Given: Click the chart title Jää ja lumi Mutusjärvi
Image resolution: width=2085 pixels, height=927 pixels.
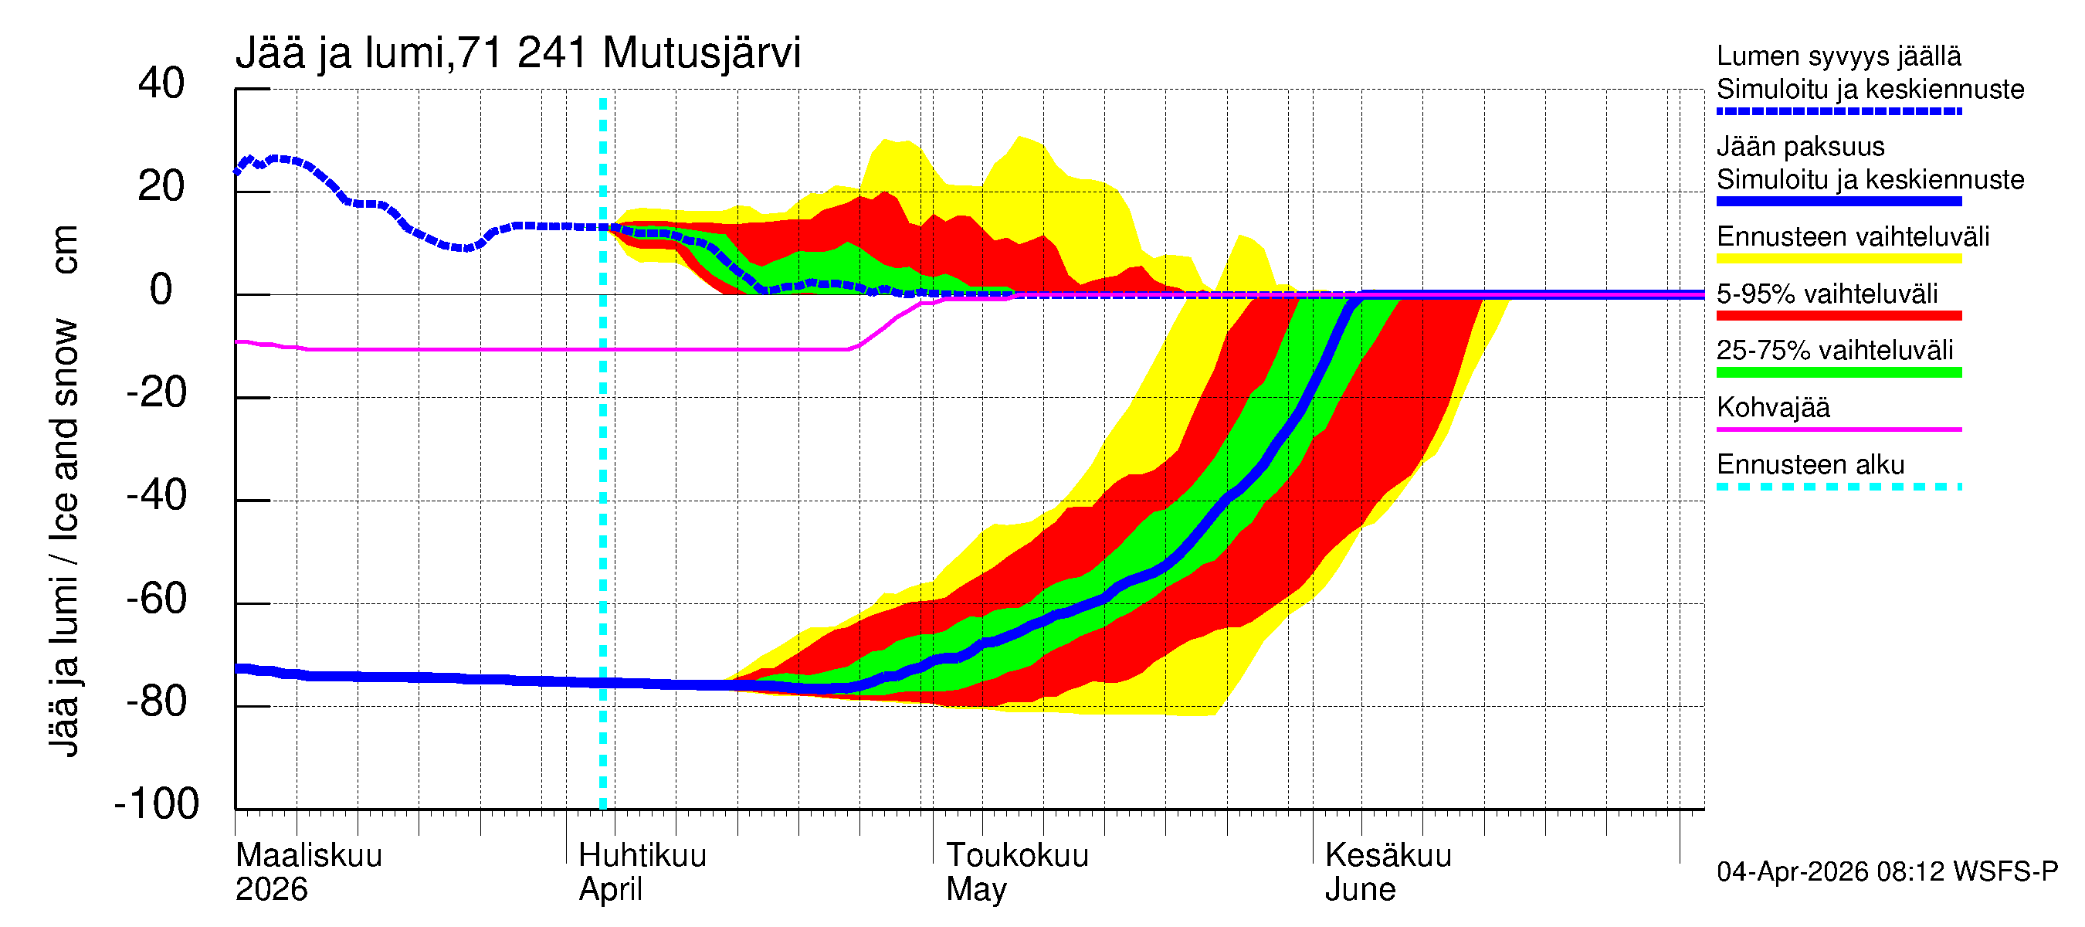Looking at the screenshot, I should coord(518,53).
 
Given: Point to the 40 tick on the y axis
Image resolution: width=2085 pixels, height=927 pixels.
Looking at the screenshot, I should coord(161,83).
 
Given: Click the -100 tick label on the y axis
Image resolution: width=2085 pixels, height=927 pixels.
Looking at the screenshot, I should coord(156,804).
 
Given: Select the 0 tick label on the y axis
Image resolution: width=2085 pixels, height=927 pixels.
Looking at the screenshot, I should coord(161,290).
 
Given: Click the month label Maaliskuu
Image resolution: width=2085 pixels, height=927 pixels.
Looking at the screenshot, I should coord(308,856).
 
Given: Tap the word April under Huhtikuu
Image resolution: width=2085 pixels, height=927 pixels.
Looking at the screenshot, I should coord(610,890).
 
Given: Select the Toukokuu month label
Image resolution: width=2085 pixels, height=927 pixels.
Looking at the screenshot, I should coord(1018,856).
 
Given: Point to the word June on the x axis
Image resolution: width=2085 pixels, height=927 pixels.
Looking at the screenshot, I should coord(1360,890).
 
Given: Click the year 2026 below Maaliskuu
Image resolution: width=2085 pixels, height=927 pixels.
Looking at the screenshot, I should coord(271,890).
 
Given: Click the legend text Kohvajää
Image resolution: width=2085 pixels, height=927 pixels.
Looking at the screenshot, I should coord(1772,407).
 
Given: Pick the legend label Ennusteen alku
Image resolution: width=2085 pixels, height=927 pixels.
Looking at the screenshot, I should coord(1810,465).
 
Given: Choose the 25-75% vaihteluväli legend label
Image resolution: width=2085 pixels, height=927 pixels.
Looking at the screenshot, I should coord(1834,351).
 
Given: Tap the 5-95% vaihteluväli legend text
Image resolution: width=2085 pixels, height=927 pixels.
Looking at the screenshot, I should coord(1827,294).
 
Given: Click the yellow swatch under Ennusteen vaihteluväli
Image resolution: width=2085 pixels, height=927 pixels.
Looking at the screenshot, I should coord(1838,259).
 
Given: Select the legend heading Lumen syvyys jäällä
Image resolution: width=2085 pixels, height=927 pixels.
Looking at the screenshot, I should coord(1838,56).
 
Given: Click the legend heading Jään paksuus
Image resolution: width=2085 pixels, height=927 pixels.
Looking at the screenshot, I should coord(1800,147).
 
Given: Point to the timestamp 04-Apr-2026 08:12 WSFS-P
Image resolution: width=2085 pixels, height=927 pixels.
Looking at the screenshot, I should coord(1887,872).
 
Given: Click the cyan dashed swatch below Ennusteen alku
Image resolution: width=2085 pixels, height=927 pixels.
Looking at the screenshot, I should coord(1838,487).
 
